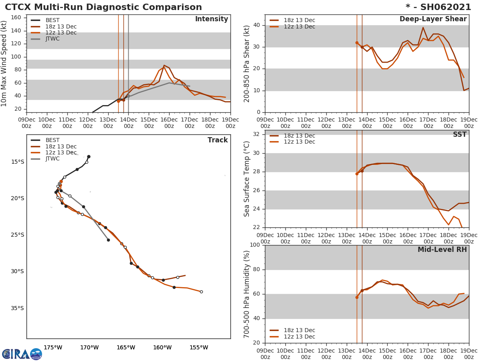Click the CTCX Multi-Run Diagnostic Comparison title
(x=103, y=7)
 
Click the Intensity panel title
(x=211, y=19)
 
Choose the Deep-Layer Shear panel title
(x=433, y=19)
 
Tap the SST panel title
(x=459, y=135)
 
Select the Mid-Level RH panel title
(x=442, y=250)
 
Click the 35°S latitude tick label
(x=17, y=308)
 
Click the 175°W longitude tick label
(x=53, y=347)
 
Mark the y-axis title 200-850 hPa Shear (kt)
(x=247, y=63)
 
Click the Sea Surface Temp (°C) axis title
(x=247, y=179)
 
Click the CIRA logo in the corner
(x=22, y=354)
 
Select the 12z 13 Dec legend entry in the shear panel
(x=299, y=27)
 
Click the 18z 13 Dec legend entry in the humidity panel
(x=299, y=331)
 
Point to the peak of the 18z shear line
(x=423, y=27)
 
